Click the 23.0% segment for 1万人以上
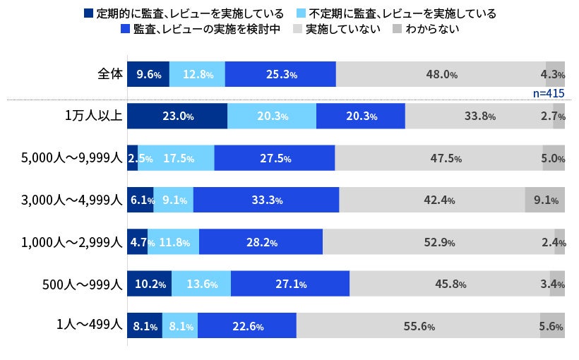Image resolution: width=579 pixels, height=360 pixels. tap(177, 116)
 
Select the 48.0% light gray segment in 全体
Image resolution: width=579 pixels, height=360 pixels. tap(441, 75)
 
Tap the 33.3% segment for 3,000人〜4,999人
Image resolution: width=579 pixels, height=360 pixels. tap(266, 200)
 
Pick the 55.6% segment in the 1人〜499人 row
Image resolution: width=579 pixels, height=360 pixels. tap(418, 326)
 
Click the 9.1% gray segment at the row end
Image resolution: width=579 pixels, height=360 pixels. tap(545, 200)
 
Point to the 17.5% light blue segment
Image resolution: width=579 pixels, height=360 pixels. tap(176, 158)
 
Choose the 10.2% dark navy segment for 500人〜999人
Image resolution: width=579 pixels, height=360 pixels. tap(149, 284)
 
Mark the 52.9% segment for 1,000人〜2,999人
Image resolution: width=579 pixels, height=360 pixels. tap(438, 242)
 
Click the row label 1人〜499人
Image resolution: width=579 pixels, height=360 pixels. tap(90, 326)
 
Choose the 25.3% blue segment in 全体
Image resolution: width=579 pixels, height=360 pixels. tap(280, 75)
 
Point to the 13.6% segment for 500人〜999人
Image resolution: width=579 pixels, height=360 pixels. tap(201, 284)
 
